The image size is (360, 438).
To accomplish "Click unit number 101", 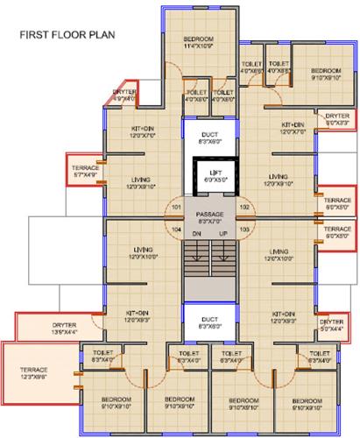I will (176, 208).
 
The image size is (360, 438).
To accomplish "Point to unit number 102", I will (244, 208).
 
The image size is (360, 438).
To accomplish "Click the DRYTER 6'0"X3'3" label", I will (336, 119).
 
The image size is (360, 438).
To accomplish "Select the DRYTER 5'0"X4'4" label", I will (330, 326).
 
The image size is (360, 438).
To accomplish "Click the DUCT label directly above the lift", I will (209, 135).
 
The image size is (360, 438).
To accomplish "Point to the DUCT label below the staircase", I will (209, 322).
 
